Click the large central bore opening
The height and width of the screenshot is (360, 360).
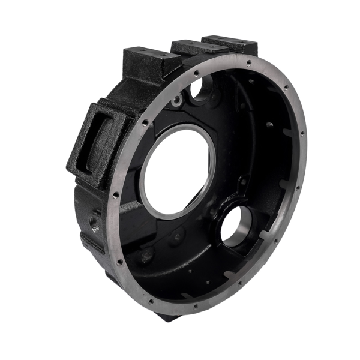(177, 171)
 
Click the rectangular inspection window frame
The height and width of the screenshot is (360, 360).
(96, 141)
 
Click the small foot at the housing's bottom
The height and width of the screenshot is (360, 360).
(168, 315)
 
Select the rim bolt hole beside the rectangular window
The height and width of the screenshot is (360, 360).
(145, 122)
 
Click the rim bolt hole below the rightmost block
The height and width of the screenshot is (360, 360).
(248, 62)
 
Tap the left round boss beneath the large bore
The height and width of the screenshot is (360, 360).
(147, 255)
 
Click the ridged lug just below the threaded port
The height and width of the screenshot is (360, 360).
(93, 243)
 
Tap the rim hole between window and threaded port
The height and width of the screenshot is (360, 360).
(114, 194)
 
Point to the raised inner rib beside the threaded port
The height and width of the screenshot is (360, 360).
(129, 207)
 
